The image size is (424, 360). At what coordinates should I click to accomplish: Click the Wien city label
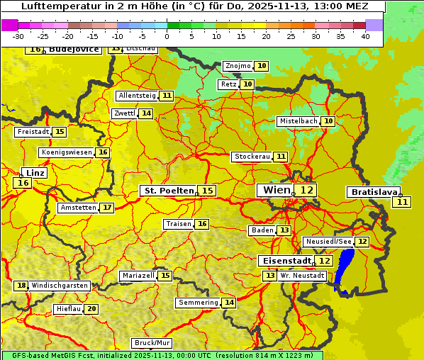pyautogui.click(x=277, y=190)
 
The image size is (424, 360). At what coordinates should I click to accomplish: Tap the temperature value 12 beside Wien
pyautogui.click(x=306, y=190)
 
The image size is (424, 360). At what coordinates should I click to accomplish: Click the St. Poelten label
pyautogui.click(x=169, y=191)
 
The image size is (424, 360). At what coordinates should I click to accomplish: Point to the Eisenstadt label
pyautogui.click(x=285, y=261)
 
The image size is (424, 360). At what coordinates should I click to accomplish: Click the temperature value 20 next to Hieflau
pyautogui.click(x=91, y=309)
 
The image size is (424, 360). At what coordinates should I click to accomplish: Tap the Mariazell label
pyautogui.click(x=138, y=275)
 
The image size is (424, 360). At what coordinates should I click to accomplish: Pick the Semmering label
pyautogui.click(x=199, y=303)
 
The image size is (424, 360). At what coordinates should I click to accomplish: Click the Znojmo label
pyautogui.click(x=238, y=66)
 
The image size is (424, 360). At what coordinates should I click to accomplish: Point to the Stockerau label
pyautogui.click(x=252, y=157)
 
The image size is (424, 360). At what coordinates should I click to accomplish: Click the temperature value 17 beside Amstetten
pyautogui.click(x=107, y=208)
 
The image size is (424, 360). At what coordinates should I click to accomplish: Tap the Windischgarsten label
pyautogui.click(x=60, y=286)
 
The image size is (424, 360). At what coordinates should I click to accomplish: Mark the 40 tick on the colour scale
pyautogui.click(x=365, y=36)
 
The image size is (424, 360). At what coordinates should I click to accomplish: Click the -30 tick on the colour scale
pyautogui.click(x=18, y=36)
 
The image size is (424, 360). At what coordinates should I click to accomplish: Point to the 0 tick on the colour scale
pyautogui.click(x=167, y=36)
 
